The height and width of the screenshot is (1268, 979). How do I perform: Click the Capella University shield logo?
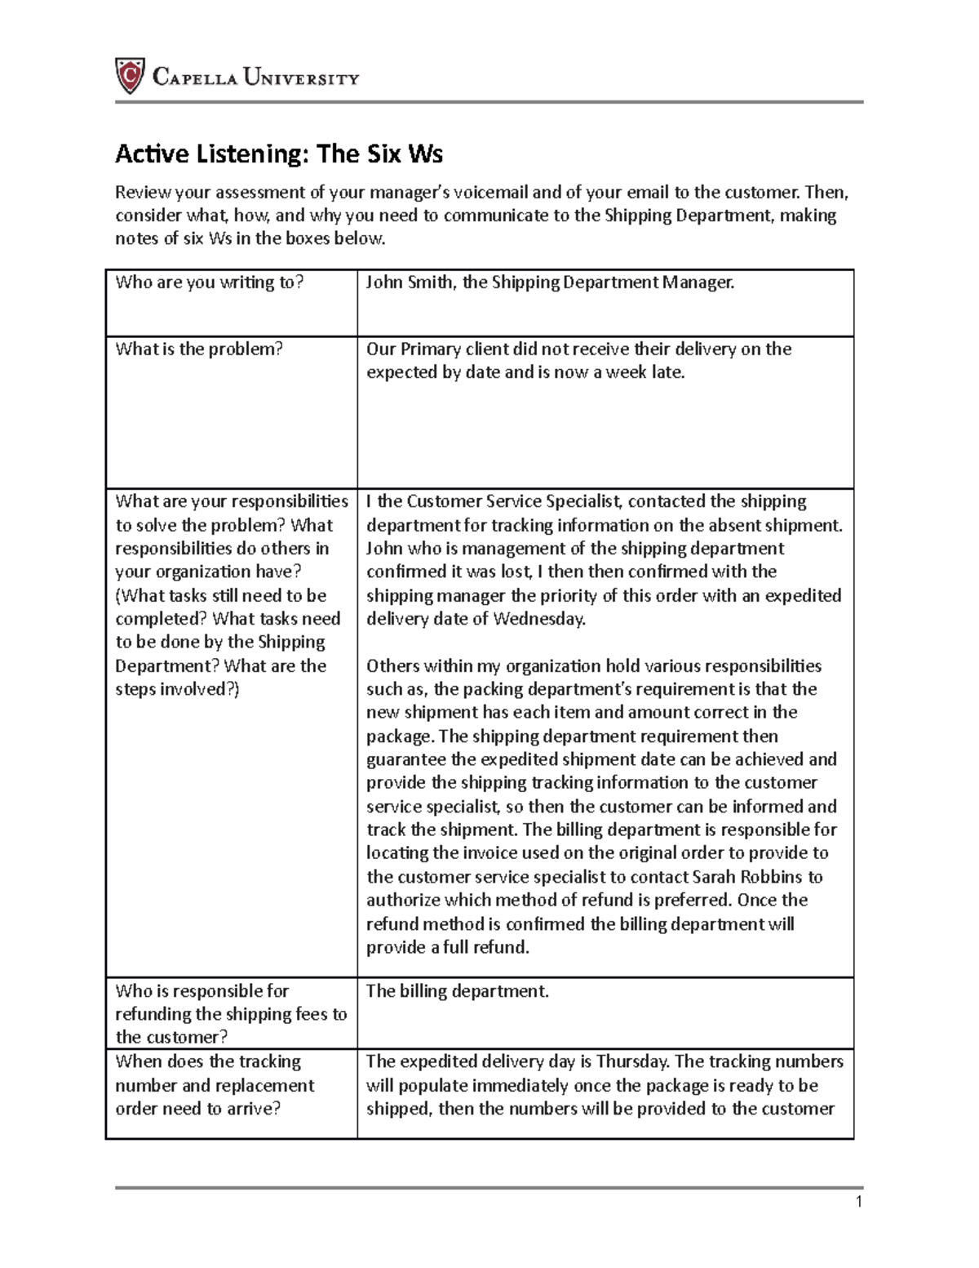pos(130,76)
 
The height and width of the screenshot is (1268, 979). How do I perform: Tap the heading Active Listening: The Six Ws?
pos(278,153)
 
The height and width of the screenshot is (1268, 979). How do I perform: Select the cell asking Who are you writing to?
pos(209,283)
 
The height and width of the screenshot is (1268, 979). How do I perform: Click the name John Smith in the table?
pos(410,283)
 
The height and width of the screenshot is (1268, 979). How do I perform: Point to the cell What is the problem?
pos(198,349)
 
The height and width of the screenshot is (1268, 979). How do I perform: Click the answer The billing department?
pos(457,991)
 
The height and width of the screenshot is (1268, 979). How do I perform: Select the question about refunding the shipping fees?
pos(231,1014)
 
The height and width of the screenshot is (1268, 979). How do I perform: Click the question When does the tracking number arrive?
pos(214,1085)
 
